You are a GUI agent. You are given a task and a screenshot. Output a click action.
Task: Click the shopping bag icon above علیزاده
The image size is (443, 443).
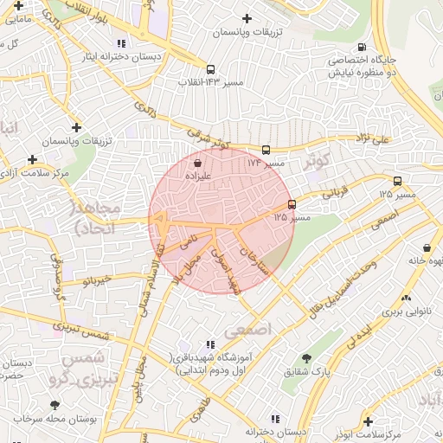tap(198, 162)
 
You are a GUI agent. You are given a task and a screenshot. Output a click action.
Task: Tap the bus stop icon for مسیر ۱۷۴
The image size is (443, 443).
tap(266, 150)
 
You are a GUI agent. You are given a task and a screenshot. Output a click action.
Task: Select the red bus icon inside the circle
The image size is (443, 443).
tap(292, 205)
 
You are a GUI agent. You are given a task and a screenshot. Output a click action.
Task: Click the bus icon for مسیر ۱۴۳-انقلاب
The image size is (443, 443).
tap(210, 69)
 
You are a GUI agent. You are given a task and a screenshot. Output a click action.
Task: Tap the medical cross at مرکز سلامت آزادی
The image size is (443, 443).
tap(32, 159)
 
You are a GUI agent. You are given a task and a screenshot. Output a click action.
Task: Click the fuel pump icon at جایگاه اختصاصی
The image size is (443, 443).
tap(362, 48)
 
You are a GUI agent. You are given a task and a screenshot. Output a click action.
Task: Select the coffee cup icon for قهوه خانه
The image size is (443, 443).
tap(430, 245)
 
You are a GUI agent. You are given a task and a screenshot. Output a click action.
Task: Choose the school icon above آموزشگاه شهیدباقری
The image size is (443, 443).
tap(210, 345)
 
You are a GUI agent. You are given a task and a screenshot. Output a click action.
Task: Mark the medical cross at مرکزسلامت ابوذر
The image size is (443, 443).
tap(369, 421)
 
